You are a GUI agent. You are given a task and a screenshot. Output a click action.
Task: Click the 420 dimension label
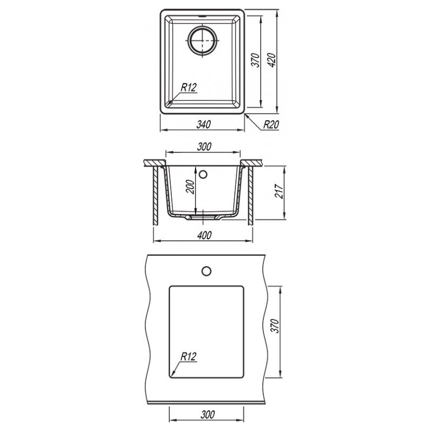coord(272,60)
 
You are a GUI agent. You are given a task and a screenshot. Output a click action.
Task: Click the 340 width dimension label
coord(204,124)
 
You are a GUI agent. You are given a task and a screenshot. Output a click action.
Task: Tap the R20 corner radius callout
coord(271,124)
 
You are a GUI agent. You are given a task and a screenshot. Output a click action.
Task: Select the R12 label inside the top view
coord(189,87)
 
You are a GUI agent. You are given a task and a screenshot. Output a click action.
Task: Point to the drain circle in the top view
coord(203,40)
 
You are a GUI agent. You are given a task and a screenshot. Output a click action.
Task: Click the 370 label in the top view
coord(255,60)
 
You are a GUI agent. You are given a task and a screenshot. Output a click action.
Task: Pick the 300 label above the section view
coord(204,147)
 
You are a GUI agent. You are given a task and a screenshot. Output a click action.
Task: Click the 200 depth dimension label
coord(190,186)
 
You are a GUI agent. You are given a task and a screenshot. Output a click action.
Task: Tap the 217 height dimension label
coord(279,191)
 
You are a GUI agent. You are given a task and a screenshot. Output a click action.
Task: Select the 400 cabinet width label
coord(205,235)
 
